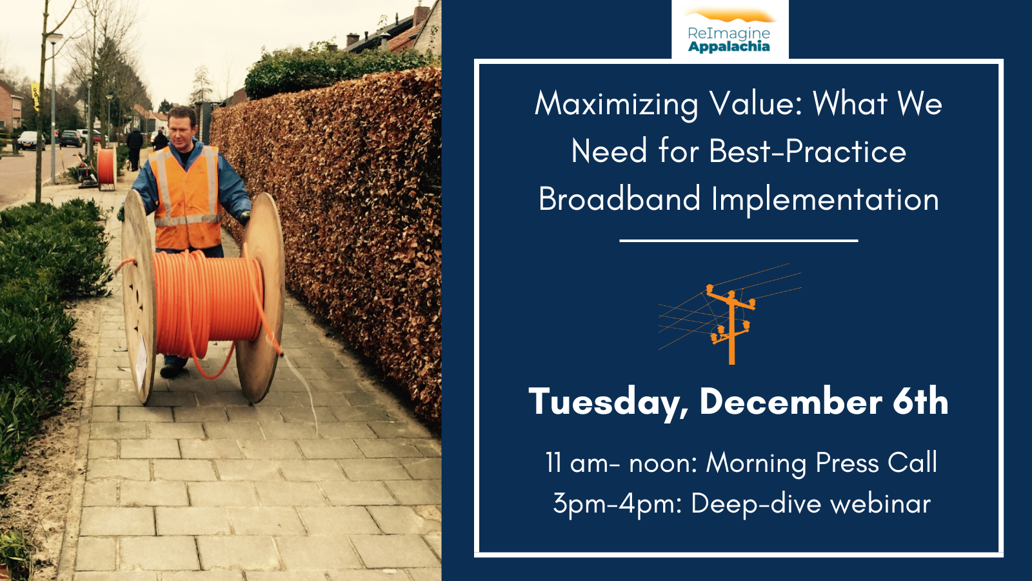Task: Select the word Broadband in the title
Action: (620, 199)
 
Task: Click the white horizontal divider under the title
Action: (739, 241)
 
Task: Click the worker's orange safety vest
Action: (187, 198)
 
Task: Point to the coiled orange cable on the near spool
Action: (207, 304)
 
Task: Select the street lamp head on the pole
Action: (55, 38)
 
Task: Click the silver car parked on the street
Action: (30, 140)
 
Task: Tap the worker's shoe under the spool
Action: (172, 371)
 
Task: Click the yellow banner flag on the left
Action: (35, 96)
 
